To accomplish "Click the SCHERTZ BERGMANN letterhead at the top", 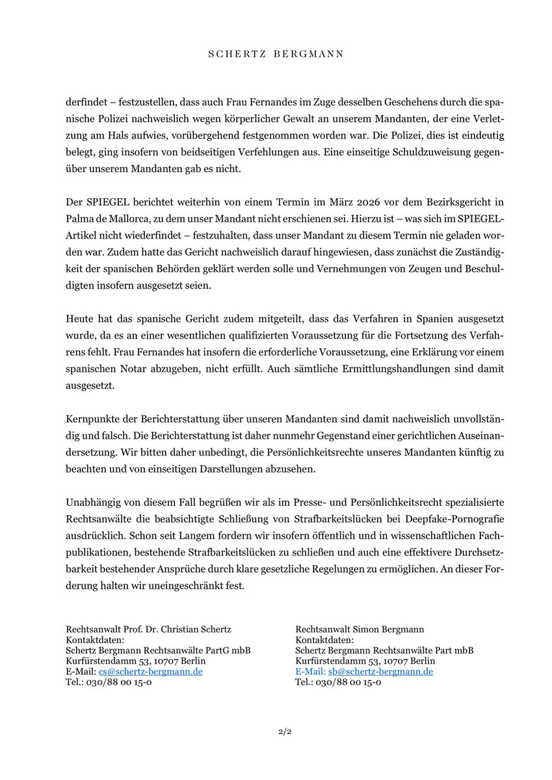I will pyautogui.click(x=276, y=55).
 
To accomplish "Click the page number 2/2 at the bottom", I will pyautogui.click(x=276, y=733).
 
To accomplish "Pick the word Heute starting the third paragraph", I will pyautogui.click(x=80, y=320).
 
